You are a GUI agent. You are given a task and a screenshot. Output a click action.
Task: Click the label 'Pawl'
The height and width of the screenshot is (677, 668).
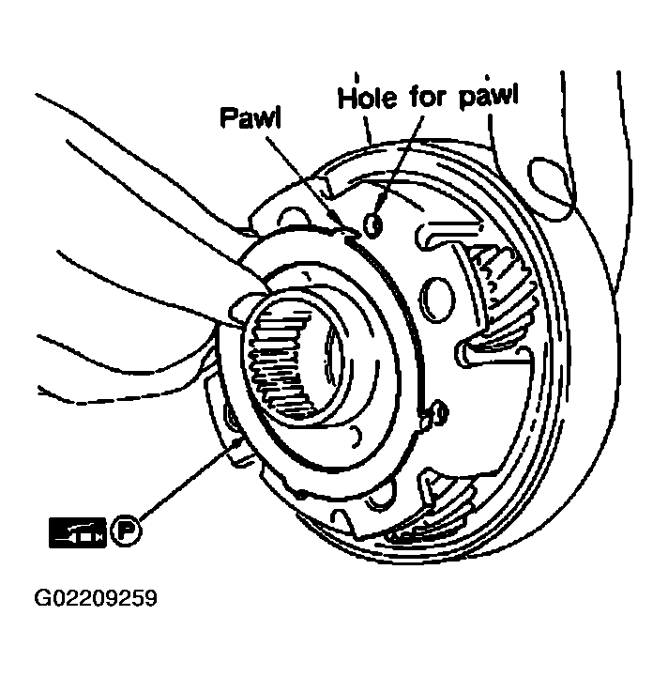click(250, 117)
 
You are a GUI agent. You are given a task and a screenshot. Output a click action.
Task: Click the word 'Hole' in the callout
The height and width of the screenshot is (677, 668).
click(367, 98)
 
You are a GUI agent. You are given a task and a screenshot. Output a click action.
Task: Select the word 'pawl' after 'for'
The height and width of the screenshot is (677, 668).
click(488, 97)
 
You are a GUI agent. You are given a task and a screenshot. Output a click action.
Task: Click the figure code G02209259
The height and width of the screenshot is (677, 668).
click(96, 598)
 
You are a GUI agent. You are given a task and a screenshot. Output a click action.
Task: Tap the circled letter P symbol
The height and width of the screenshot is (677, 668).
click(126, 531)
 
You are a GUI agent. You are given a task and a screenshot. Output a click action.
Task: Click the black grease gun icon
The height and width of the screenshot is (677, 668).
click(78, 532)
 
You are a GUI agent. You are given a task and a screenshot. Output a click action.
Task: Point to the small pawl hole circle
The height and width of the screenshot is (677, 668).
click(372, 224)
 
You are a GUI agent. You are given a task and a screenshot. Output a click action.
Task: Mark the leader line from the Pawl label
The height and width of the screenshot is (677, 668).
click(307, 183)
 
